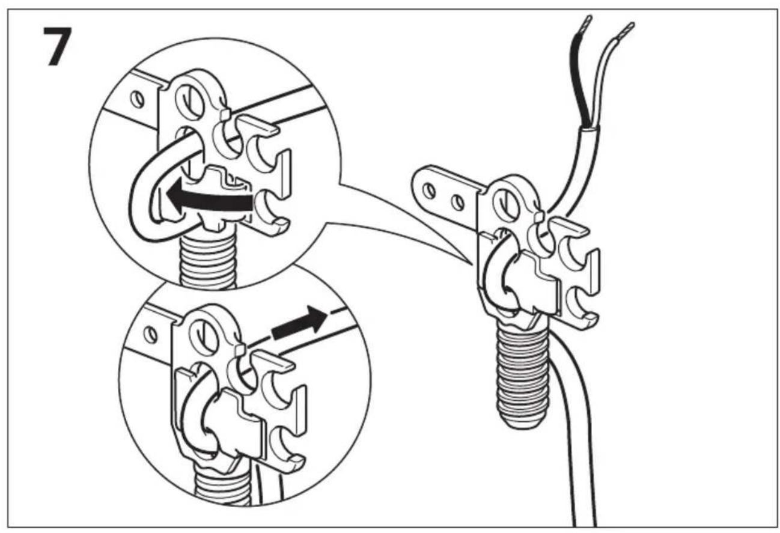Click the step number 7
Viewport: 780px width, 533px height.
(x=58, y=46)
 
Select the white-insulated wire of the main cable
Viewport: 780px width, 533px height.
(x=608, y=76)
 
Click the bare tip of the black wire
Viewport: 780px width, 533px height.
(x=587, y=23)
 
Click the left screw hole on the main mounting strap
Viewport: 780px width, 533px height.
(x=430, y=190)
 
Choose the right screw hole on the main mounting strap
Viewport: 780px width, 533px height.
(x=457, y=203)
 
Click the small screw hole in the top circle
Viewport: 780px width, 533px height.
(x=137, y=99)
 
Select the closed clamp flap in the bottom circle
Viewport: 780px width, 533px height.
(x=233, y=423)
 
